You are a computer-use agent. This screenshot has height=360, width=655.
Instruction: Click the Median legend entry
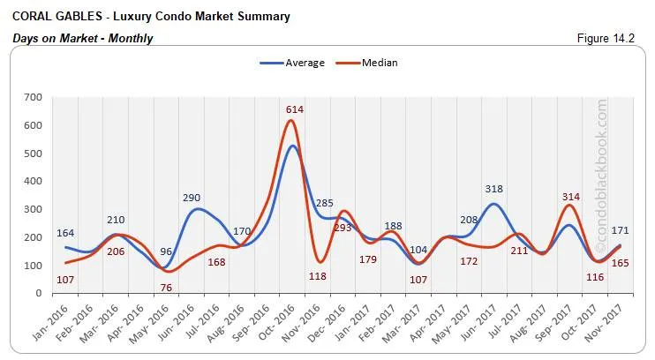click(376, 63)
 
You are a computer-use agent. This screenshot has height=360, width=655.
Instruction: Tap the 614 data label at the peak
click(294, 109)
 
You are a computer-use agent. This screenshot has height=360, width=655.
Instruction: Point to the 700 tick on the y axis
click(34, 97)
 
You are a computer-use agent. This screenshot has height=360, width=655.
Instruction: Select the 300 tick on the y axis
click(34, 209)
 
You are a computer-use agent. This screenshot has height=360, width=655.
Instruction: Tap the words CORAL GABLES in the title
click(49, 17)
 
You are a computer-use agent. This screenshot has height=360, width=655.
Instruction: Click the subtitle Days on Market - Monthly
click(83, 38)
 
